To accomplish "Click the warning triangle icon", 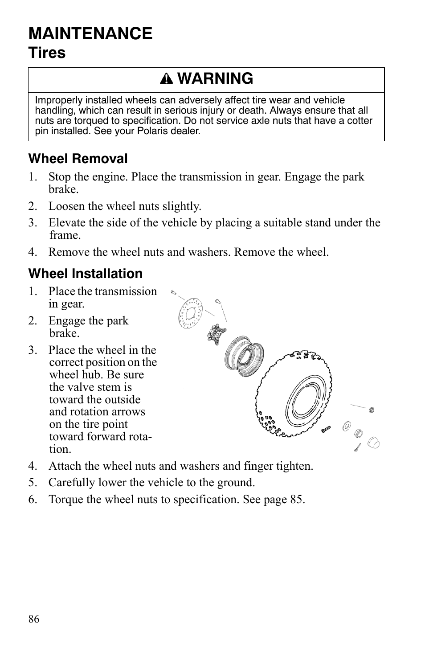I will point(169,79).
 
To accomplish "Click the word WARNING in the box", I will point(217,78).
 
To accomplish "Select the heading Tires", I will point(47,53).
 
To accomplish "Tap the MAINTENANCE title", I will point(90,33).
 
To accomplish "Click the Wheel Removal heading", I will point(78,159).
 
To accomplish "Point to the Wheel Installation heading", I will point(86,274).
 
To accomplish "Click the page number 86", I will point(34,619).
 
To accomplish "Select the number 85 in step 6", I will point(296,499).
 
